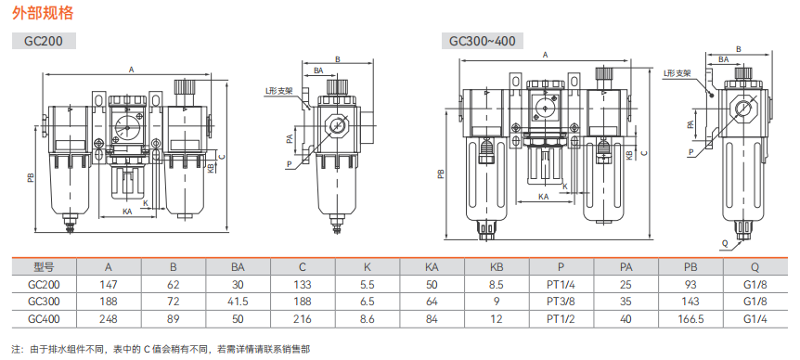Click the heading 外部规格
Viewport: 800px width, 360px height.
(43, 13)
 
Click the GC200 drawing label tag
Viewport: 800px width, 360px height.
(44, 41)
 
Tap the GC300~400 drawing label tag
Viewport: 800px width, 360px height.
(483, 41)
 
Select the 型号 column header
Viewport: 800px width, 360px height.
(44, 266)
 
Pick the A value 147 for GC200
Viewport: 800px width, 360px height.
(109, 285)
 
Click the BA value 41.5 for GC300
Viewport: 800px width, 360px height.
(238, 302)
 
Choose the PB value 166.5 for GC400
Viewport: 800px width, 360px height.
(690, 319)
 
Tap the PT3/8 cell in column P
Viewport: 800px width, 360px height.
(561, 302)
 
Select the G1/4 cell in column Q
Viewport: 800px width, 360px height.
(755, 319)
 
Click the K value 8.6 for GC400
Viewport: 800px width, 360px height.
(368, 319)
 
